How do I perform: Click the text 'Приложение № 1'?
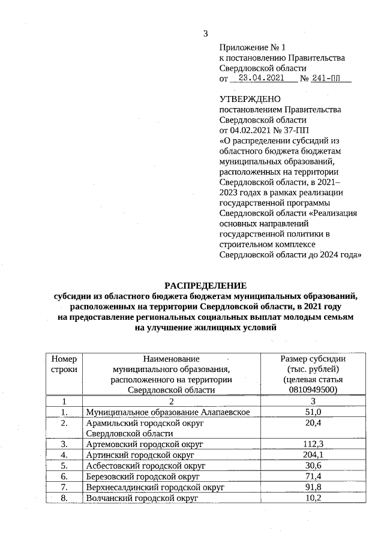click(x=253, y=47)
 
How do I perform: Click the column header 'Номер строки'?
click(x=64, y=364)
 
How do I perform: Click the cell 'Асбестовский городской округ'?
click(x=145, y=466)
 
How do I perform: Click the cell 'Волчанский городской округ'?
click(x=142, y=498)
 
